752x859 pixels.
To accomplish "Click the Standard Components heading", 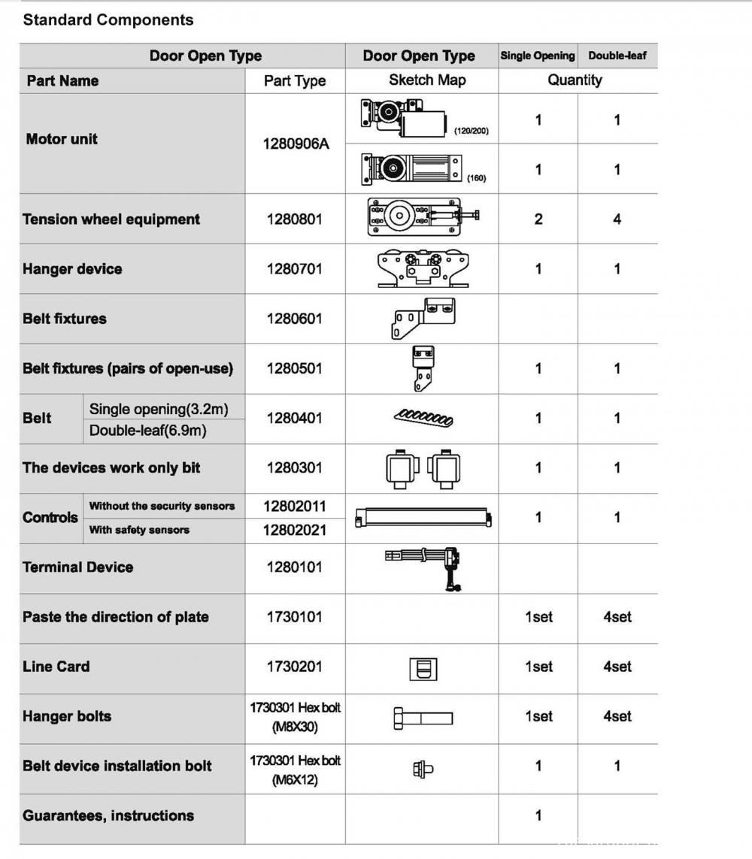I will pos(108,20).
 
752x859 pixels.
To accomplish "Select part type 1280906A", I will pos(295,144).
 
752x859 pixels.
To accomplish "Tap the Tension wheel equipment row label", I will pos(111,219).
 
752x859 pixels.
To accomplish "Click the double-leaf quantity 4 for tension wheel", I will pos(617,219).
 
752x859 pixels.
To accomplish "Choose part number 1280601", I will pos(294,319).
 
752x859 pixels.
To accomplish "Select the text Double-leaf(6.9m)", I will pos(147,431).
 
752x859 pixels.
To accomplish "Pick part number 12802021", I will pos(294,530).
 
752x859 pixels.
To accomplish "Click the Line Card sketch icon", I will pos(423,667).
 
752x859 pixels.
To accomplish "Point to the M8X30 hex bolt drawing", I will pos(423,718).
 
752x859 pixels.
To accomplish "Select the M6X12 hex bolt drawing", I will pos(423,768).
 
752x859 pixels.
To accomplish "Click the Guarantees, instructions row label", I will pos(108,815).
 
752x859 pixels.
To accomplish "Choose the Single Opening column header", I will pos(537,56).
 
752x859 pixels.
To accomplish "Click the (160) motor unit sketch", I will pos(412,169).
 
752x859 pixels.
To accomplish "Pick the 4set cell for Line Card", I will pos(617,667).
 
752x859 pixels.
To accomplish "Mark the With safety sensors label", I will pos(139,530).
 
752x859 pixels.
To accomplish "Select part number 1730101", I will pos(294,617).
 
